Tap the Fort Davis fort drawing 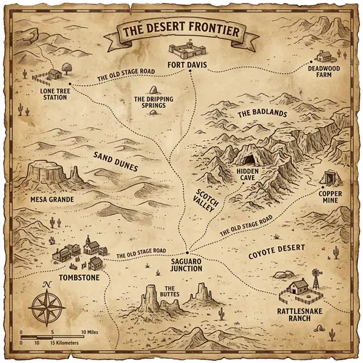coord(186,52)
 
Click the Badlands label coord(262,114)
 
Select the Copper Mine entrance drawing coord(333,177)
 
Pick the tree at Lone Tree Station coord(66,67)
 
